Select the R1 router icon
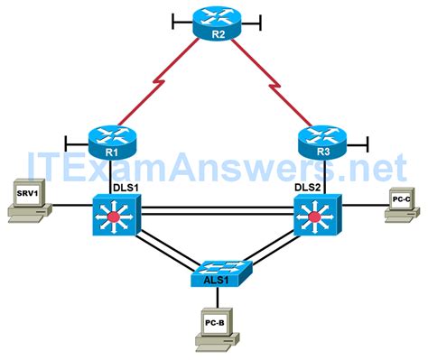[x=112, y=137]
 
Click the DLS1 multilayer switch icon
[x=113, y=217]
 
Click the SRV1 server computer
[x=26, y=202]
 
